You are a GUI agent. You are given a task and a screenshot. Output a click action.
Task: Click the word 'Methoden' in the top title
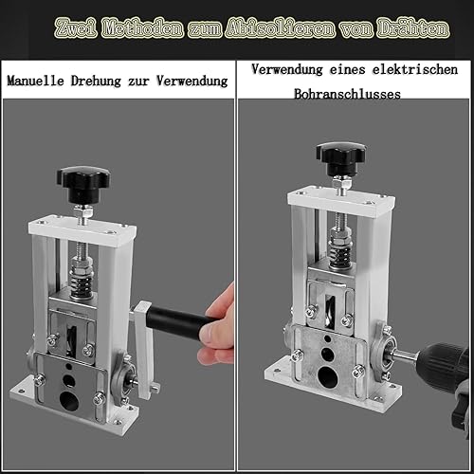pos(143,29)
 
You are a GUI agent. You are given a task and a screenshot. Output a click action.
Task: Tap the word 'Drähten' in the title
pos(413,29)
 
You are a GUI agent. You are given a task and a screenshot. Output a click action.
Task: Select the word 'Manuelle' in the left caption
pos(35,81)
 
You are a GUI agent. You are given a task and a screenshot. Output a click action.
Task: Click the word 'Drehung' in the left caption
pos(96,82)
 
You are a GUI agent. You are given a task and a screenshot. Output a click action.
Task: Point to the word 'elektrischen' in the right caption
pos(415,69)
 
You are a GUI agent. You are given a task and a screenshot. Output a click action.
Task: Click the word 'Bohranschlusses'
pos(347,94)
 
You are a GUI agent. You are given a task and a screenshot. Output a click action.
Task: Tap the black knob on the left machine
pos(83,184)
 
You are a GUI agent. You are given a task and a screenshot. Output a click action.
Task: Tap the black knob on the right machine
pos(341,158)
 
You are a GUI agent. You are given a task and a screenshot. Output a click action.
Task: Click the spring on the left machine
pos(82,284)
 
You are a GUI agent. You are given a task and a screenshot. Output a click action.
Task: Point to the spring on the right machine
pos(340,254)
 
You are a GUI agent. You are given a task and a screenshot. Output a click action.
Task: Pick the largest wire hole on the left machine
pos(69,401)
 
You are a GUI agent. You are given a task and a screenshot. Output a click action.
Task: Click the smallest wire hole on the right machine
pos(328,339)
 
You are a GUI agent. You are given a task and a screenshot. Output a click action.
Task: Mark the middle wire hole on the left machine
pos(69,380)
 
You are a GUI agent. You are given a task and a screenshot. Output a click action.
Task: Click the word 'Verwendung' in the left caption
pos(192,81)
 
